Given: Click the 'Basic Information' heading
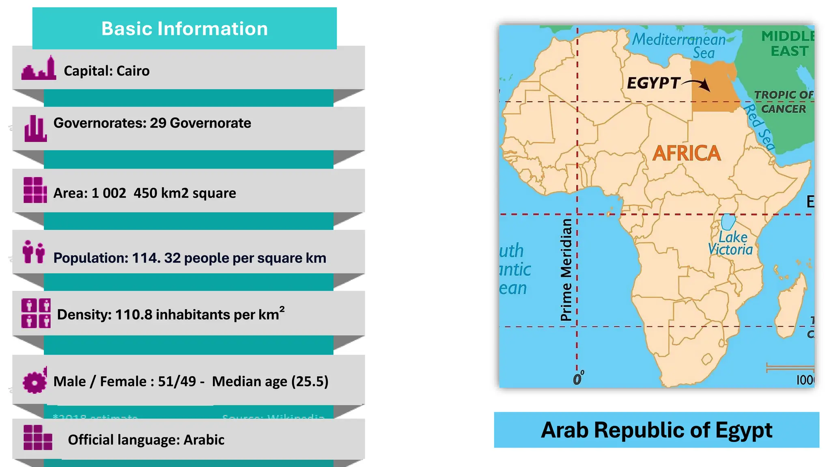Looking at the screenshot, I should click(184, 29).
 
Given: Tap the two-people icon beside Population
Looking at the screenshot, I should click(34, 252).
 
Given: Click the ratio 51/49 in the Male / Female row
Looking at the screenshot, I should click(177, 381).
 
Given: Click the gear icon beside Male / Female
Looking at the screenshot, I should click(35, 381).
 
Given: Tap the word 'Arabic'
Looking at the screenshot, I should click(204, 440).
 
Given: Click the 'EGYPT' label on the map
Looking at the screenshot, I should click(653, 83).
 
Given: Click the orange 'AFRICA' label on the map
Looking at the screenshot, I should click(687, 154).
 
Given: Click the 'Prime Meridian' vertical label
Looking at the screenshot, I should click(566, 270).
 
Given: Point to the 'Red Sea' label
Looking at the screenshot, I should click(759, 127).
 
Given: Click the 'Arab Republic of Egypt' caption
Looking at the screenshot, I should click(657, 430).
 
